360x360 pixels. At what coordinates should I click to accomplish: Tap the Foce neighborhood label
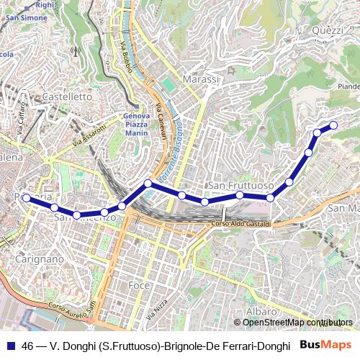(x=138, y=286)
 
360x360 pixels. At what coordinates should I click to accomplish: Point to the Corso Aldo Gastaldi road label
(x=241, y=224)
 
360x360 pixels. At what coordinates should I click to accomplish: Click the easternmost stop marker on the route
(x=333, y=126)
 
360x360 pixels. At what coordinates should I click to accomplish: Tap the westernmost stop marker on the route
(x=27, y=197)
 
